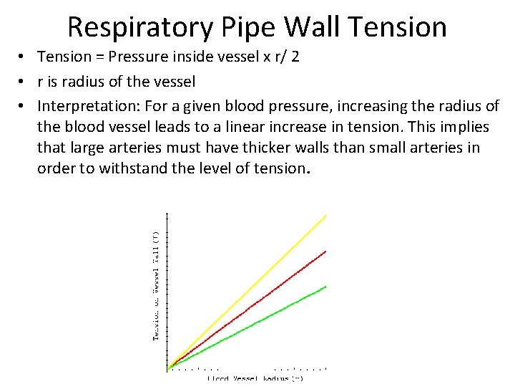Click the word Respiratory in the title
coord(139,27)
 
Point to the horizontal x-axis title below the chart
coord(255,378)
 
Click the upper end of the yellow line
coord(325,215)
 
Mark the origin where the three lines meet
coord(167,368)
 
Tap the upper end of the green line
coord(325,287)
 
